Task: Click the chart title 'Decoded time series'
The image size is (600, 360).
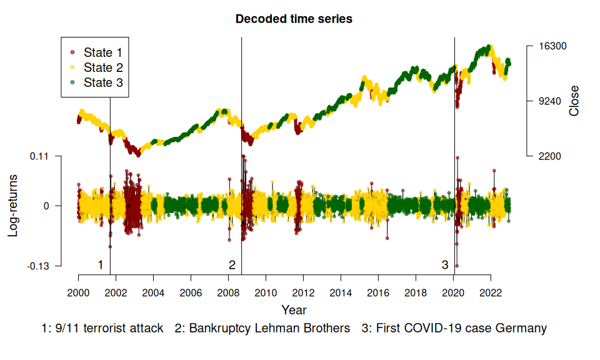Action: [294, 19]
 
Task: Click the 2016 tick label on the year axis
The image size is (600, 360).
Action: [378, 292]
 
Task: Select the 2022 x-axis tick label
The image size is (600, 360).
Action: [491, 292]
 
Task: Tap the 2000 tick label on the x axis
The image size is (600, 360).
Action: [78, 292]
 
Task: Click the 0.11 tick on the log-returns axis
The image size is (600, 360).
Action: [41, 156]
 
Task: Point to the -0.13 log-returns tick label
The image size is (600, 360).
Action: [39, 266]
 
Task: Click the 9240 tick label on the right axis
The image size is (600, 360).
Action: [549, 101]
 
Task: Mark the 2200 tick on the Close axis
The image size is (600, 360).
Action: [549, 156]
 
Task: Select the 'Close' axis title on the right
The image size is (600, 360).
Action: [574, 101]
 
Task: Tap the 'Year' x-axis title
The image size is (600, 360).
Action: [294, 309]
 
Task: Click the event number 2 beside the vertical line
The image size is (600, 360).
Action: [232, 265]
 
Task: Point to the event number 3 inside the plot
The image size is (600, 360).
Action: [445, 265]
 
